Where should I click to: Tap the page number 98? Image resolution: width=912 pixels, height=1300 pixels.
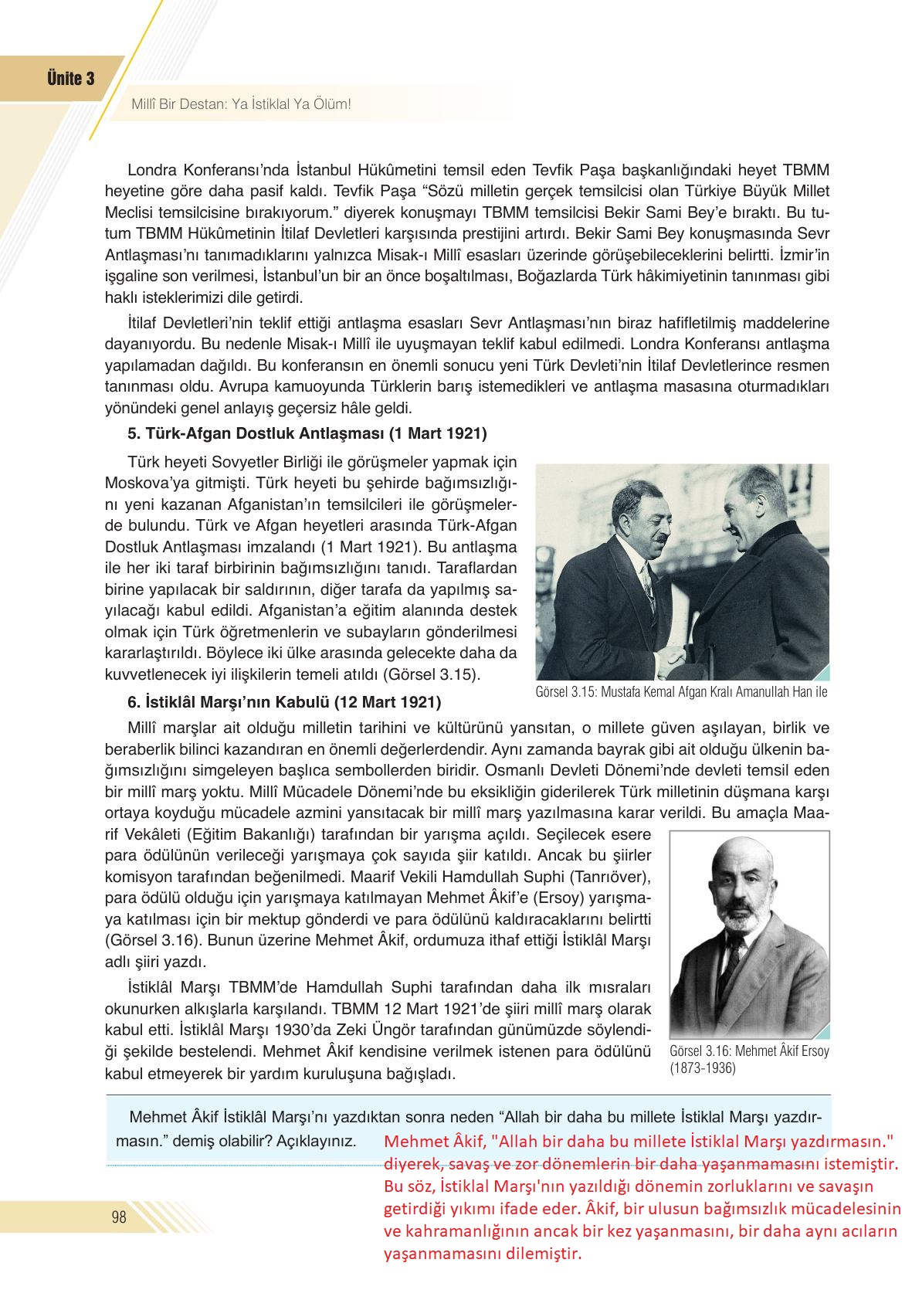(x=119, y=1218)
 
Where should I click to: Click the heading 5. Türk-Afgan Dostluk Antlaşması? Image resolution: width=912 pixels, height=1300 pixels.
(x=307, y=434)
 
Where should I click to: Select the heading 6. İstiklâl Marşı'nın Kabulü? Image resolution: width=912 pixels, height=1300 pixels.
(x=284, y=703)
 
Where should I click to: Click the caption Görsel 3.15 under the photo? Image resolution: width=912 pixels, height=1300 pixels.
(x=680, y=692)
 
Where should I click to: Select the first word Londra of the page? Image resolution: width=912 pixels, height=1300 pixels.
(x=152, y=169)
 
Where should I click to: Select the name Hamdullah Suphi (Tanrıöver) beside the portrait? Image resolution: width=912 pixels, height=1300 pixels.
(x=576, y=877)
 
